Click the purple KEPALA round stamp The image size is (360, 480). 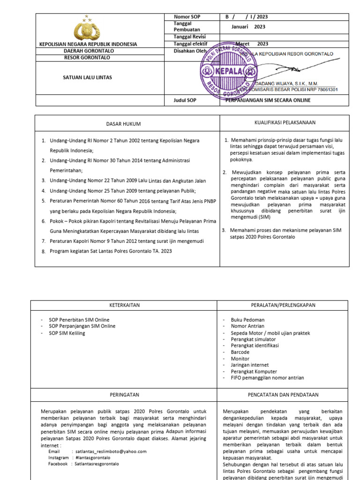pyautogui.click(x=227, y=71)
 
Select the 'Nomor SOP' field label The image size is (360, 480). pyautogui.click(x=187, y=17)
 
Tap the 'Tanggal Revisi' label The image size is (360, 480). pyautogui.click(x=190, y=37)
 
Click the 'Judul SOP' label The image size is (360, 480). pyautogui.click(x=185, y=100)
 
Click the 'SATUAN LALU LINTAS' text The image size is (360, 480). pyautogui.click(x=88, y=77)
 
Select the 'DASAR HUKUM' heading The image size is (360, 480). pyautogui.click(x=127, y=124)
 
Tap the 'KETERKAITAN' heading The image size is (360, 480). pyautogui.click(x=124, y=305)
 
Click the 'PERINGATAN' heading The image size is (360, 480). pyautogui.click(x=124, y=395)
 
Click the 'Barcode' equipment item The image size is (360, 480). pyautogui.click(x=240, y=352)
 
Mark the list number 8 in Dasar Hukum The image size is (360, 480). pyautogui.click(x=44, y=251)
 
